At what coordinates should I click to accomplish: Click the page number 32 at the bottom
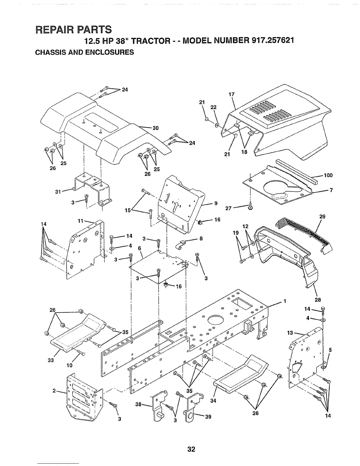point(191,449)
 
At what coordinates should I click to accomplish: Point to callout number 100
point(328,176)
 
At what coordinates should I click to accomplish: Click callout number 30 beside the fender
point(155,128)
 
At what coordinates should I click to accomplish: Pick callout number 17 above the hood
point(231,94)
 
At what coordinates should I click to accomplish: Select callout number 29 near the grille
point(322,217)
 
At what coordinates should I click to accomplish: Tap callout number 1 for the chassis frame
point(284,301)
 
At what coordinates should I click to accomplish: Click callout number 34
point(214,401)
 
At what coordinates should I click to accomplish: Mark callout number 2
point(54,391)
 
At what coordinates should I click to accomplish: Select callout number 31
point(58,192)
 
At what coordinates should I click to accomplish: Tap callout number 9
point(216,203)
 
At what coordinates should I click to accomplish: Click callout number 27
point(229,209)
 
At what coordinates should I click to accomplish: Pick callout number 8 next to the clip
point(201,239)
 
